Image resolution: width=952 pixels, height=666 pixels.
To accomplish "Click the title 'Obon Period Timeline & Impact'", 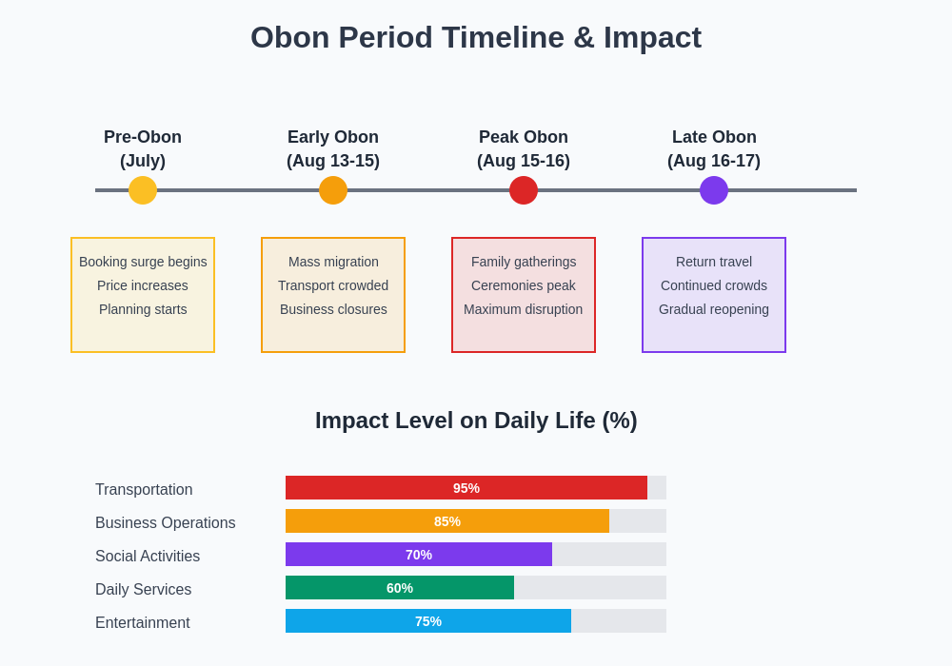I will [476, 38].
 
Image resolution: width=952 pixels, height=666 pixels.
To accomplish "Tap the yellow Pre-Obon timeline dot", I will [143, 190].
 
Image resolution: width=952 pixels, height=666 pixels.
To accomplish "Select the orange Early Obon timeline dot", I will [333, 190].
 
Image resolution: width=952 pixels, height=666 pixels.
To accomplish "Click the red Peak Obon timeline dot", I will [524, 190].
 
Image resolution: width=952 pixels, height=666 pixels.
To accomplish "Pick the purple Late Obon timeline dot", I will [714, 190].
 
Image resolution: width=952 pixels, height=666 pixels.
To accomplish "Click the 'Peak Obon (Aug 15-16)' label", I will [524, 149].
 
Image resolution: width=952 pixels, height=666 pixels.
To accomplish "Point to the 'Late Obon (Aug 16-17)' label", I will [714, 149].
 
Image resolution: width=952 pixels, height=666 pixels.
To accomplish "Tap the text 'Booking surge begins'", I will [143, 262].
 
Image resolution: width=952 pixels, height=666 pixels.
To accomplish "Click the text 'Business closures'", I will [333, 309].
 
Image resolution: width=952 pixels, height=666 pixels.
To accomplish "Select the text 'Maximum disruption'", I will [524, 309].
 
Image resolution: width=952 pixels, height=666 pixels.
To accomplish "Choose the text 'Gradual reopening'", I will [714, 309].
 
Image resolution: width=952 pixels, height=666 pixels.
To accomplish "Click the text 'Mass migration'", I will [333, 262].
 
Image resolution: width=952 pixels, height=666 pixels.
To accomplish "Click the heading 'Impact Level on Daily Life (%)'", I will [476, 421].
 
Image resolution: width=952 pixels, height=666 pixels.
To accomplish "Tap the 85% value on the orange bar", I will [447, 521].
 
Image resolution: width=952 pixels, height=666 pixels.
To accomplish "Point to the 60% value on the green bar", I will [400, 588].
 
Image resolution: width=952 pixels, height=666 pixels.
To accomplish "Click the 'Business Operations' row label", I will [166, 523].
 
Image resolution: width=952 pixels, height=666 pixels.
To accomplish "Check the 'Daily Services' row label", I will [144, 590].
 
